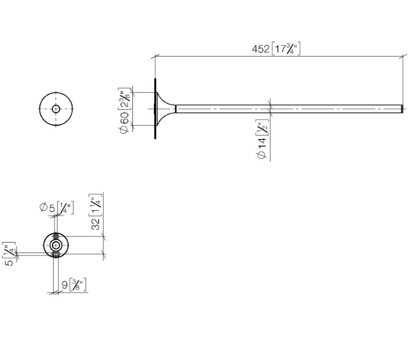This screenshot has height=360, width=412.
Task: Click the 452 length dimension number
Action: pyautogui.click(x=260, y=49)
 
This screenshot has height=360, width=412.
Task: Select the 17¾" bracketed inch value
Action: pyautogui.click(x=286, y=49)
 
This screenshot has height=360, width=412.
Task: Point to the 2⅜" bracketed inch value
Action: pyautogui.click(x=125, y=99)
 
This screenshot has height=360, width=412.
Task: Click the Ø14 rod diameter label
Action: pyautogui.click(x=263, y=148)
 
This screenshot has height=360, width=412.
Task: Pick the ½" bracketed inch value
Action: pyautogui.click(x=262, y=128)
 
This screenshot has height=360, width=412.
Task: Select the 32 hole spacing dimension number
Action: pyautogui.click(x=96, y=224)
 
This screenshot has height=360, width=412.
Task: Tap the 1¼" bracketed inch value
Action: pyautogui.click(x=96, y=205)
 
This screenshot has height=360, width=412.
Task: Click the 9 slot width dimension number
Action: pyautogui.click(x=65, y=285)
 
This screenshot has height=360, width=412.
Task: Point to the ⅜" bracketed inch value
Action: pyautogui.click(x=78, y=285)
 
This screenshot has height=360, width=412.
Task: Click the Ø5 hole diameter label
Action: pyautogui.click(x=48, y=207)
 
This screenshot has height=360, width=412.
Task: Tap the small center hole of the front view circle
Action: pyautogui.click(x=55, y=109)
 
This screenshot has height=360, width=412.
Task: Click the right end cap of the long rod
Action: pyautogui.click(x=402, y=109)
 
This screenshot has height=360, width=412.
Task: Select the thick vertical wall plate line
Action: pyautogui.click(x=155, y=109)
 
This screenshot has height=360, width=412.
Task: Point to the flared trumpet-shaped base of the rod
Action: pyautogui.click(x=166, y=109)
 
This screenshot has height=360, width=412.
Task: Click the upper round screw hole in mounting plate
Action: pyautogui.click(x=55, y=237)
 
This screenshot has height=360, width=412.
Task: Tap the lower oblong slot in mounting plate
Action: pyautogui.click(x=55, y=254)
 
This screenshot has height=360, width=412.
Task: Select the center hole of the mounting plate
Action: pyautogui.click(x=55, y=245)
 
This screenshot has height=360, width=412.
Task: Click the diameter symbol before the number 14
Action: pyautogui.click(x=262, y=155)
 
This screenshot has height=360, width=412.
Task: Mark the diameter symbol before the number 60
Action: pyautogui.click(x=125, y=130)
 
